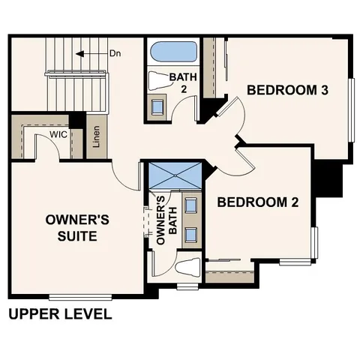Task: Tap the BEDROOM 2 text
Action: pyautogui.click(x=253, y=202)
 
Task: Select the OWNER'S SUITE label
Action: pyautogui.click(x=78, y=227)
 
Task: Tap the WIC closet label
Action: pyautogui.click(x=59, y=134)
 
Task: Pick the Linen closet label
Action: pyautogui.click(x=96, y=137)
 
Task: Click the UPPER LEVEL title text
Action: pyautogui.click(x=60, y=313)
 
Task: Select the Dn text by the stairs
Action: pyautogui.click(x=115, y=54)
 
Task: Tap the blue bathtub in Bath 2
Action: pyautogui.click(x=173, y=52)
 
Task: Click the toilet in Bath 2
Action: pyautogui.click(x=159, y=80)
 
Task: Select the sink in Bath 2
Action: pyautogui.click(x=158, y=106)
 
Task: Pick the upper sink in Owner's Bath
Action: pyautogui.click(x=190, y=205)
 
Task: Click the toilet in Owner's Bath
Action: pyautogui.click(x=185, y=268)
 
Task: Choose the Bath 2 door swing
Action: pyautogui.click(x=182, y=112)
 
